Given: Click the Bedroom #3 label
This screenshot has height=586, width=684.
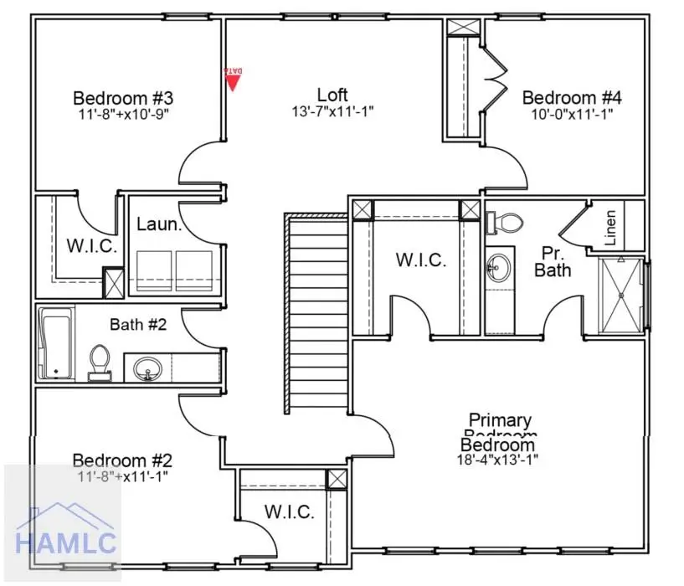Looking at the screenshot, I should [x=123, y=96].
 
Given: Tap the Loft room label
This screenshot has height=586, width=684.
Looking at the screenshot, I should [x=332, y=95].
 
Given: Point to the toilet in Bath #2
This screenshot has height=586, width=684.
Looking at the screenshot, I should [x=99, y=362].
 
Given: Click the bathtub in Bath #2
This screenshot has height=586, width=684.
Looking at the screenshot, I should [x=56, y=344].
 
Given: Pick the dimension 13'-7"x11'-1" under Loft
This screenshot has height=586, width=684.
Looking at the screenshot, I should [x=332, y=112].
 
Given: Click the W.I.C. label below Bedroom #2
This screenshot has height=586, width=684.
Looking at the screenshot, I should [x=289, y=511].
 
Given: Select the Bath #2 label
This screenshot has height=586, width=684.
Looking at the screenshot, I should [x=138, y=324].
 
